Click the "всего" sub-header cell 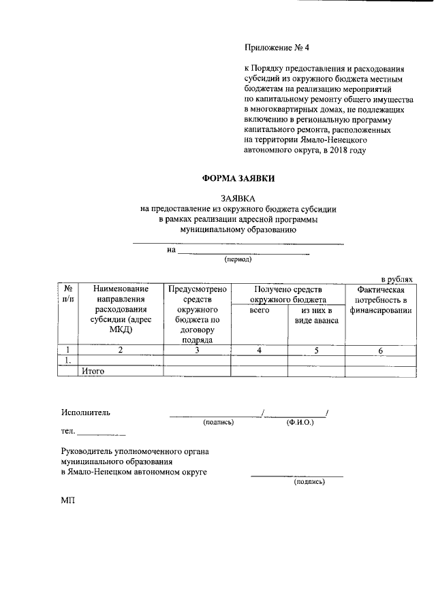pos(260,310)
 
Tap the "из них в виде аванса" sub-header pos(316,316)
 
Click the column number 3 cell pos(197,351)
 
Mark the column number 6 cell pos(381,351)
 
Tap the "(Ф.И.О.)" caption pos(300,423)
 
